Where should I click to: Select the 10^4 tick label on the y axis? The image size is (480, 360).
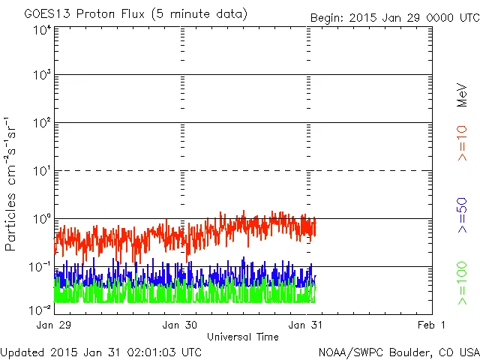42,30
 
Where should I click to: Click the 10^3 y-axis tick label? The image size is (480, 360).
42,75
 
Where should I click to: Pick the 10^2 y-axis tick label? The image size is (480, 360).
42,122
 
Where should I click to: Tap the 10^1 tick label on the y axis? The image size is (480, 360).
42,170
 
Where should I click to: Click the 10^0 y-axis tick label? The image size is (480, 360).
42,218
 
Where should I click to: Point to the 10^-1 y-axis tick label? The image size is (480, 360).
40,266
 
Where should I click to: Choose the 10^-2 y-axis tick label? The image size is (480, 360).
40,309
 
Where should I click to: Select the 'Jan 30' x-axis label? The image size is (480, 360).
180,325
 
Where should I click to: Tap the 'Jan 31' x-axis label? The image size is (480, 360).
306,325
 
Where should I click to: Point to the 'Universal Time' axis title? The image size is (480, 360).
243,337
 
